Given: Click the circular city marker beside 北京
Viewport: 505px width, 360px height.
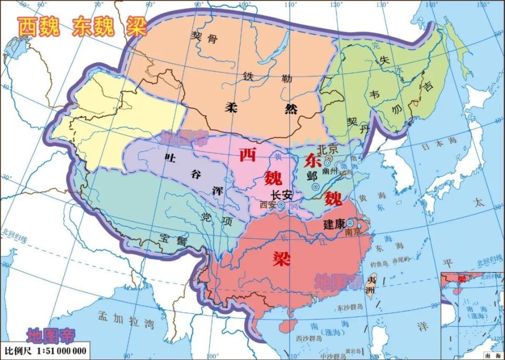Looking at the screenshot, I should click(x=329, y=157).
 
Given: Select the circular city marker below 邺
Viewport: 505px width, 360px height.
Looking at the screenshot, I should click(x=316, y=186).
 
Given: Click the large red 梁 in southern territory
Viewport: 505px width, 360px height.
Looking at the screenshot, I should click(x=281, y=257).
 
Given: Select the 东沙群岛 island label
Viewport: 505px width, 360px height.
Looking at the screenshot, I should click(x=350, y=308).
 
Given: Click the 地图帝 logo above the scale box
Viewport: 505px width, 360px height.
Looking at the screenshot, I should click(x=51, y=335).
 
